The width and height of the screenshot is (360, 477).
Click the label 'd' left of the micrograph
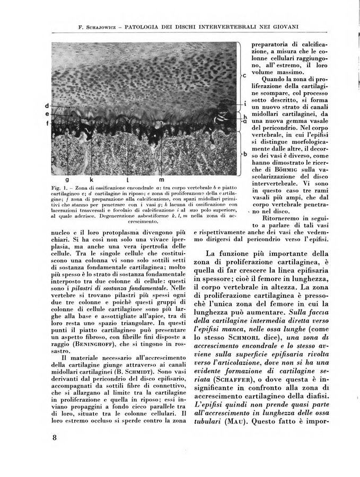click(x=48, y=105)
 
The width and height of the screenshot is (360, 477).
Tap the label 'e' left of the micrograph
click(x=48, y=114)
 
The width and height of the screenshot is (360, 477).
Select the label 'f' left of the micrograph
click(x=48, y=123)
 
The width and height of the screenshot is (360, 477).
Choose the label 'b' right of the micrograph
click(x=244, y=155)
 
